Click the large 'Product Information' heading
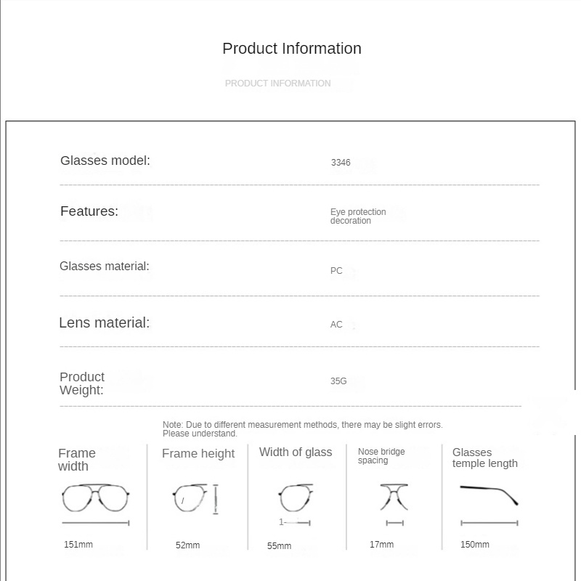pos(291,49)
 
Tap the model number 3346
pos(341,163)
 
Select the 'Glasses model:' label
pos(105,161)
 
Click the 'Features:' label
pos(89,211)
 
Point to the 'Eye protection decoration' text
pos(358,216)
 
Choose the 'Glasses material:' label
pos(105,267)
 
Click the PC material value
pos(336,271)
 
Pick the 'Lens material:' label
pos(105,323)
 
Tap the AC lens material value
pos(336,325)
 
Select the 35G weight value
pos(338,381)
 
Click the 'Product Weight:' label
pos(82,383)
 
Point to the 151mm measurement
pos(78,545)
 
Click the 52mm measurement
pos(187,545)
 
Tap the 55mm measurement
pos(279,546)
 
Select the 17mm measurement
pos(381,545)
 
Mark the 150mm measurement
pos(475,545)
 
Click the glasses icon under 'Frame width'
pos(95,498)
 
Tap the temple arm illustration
pos(489,494)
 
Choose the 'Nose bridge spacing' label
pos(381,456)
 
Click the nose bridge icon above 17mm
pos(394,497)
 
